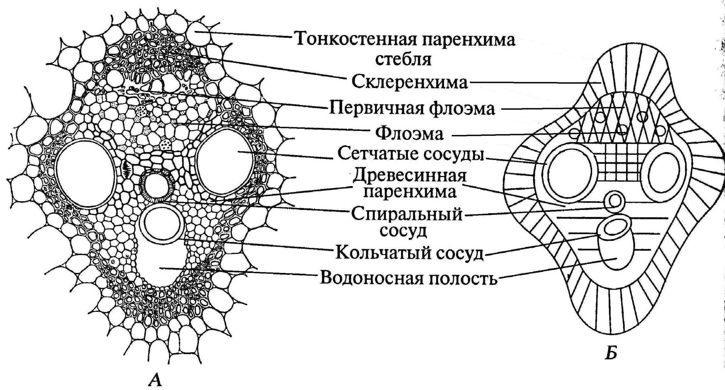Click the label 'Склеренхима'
tap(410, 82)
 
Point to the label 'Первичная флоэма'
tap(412, 108)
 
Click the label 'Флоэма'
tap(410, 134)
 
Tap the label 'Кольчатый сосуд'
tap(409, 253)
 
